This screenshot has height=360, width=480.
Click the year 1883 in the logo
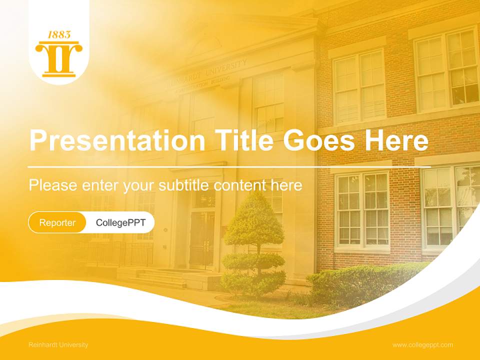(x=59, y=35)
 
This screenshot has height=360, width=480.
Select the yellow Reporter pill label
(x=57, y=222)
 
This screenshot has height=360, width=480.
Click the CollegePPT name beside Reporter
(x=120, y=222)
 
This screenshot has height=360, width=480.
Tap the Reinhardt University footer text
(x=58, y=345)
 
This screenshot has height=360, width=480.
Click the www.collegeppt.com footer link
(x=422, y=345)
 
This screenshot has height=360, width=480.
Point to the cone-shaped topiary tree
(x=254, y=220)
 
